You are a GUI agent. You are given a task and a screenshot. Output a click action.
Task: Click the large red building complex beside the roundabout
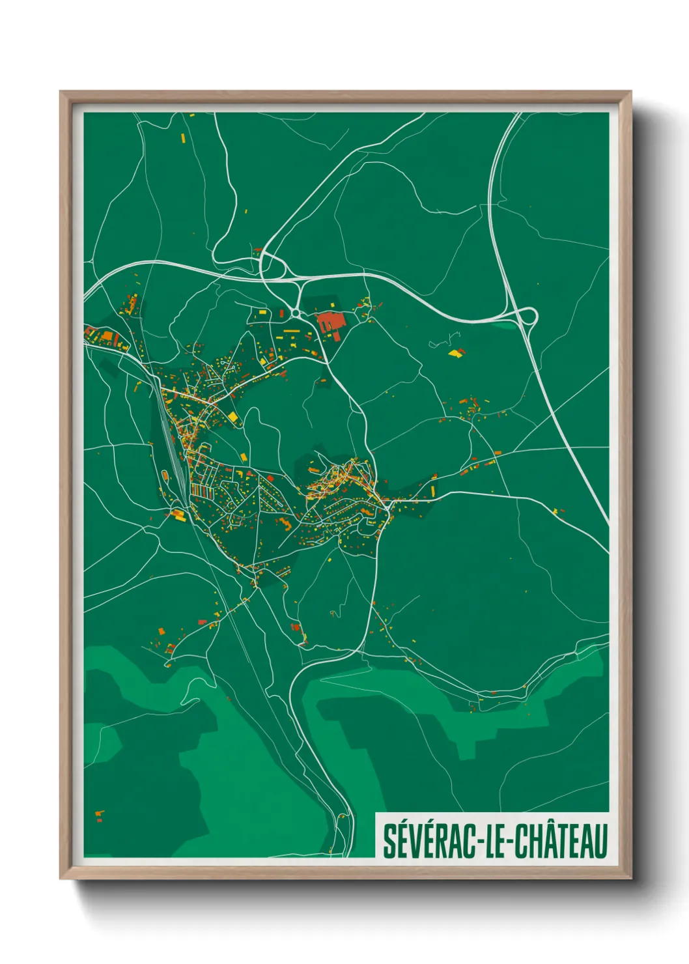(x=330, y=324)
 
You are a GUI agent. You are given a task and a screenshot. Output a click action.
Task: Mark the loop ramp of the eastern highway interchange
(x=528, y=317)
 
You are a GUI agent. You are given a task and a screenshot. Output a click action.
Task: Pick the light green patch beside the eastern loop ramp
(x=505, y=321)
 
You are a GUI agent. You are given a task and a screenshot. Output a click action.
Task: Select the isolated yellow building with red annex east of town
(x=456, y=353)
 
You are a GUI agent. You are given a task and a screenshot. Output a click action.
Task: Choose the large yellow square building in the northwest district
(x=232, y=416)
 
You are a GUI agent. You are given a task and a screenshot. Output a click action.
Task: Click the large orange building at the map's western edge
(x=105, y=337)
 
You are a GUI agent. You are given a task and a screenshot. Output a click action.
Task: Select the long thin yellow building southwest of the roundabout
(x=290, y=331)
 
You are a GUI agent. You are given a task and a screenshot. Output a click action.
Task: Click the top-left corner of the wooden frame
(x=61, y=92)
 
